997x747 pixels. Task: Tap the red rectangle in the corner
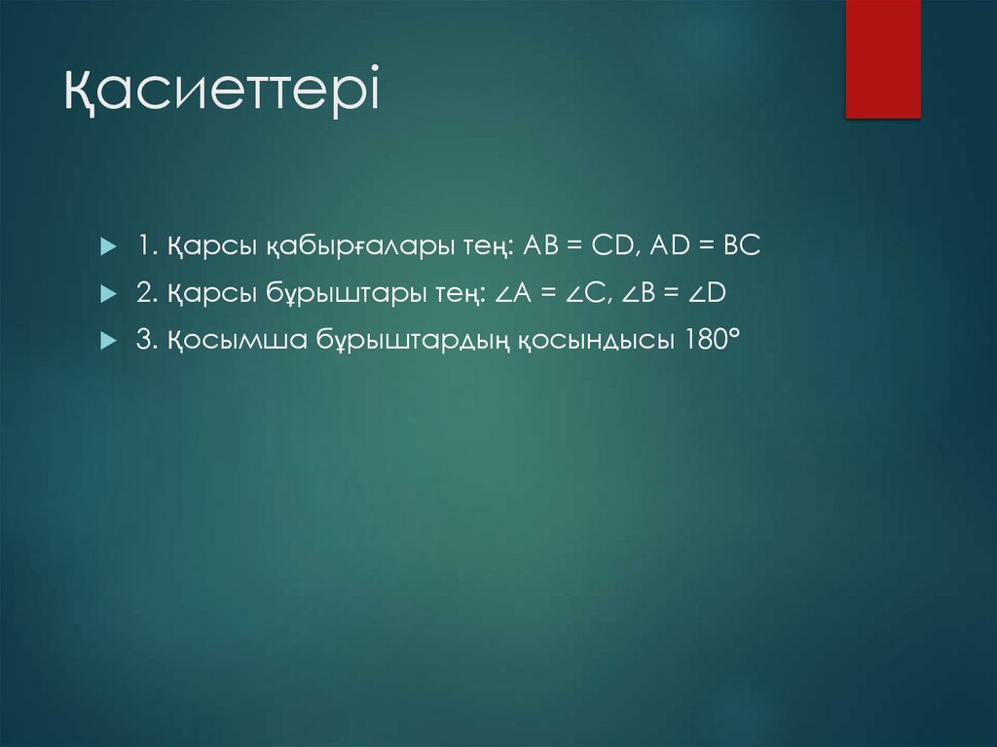[x=882, y=58]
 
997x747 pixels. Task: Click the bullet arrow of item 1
[x=107, y=246]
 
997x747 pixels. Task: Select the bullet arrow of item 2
[x=107, y=293]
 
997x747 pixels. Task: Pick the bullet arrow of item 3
[x=107, y=340]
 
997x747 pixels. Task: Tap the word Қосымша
[x=228, y=341]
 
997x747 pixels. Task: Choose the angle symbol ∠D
[x=725, y=293]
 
